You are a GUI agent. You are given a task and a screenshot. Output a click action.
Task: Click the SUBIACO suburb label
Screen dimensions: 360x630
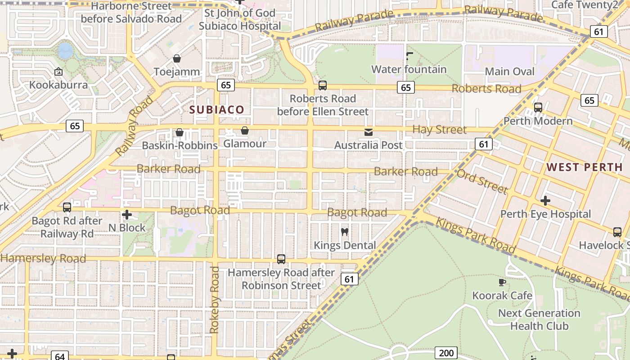click(x=216, y=109)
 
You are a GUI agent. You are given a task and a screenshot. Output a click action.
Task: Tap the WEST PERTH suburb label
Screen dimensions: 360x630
click(x=585, y=167)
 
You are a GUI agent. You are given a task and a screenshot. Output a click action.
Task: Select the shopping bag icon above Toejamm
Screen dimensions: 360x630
click(x=177, y=58)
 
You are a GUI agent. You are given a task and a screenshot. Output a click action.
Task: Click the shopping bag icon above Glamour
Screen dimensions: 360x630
click(x=245, y=130)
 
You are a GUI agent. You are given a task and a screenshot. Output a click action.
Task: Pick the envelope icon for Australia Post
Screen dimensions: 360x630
click(x=369, y=132)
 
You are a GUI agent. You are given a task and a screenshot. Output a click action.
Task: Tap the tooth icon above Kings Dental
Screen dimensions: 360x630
click(x=345, y=232)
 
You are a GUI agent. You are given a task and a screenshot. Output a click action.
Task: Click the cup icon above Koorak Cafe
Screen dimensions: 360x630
click(x=502, y=282)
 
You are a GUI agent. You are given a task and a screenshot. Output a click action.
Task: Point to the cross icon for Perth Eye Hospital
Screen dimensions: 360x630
click(x=545, y=201)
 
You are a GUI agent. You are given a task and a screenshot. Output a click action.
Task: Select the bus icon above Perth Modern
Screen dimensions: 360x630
click(x=538, y=108)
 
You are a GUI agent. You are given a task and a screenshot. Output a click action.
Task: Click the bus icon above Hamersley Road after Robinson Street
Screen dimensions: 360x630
click(x=281, y=259)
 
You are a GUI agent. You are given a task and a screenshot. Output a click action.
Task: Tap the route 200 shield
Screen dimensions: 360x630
click(x=446, y=353)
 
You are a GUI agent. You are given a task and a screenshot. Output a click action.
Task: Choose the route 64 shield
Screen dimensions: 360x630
click(x=60, y=356)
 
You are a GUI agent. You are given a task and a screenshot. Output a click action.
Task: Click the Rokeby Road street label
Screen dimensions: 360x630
click(x=215, y=300)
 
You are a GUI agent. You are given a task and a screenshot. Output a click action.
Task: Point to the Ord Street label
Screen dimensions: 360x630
click(x=482, y=181)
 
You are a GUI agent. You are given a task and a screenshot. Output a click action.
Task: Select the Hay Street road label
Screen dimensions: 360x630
click(x=439, y=130)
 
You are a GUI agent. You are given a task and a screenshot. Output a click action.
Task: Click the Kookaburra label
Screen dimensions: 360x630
click(x=58, y=85)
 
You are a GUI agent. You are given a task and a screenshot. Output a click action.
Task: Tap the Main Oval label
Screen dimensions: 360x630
click(x=509, y=72)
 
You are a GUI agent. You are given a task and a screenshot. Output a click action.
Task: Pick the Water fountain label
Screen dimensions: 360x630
click(x=409, y=69)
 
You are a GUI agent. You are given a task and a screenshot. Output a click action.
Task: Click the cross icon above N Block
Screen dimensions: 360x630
click(x=127, y=215)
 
